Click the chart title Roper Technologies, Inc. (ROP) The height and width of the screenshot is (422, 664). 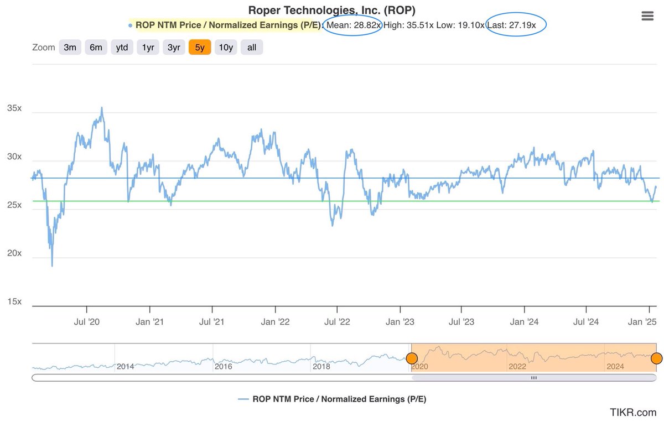tap(331, 10)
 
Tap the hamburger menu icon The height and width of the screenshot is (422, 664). tap(647, 15)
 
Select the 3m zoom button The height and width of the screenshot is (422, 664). tap(70, 48)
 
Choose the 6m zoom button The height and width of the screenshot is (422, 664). tap(96, 48)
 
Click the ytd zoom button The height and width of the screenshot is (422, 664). tap(122, 48)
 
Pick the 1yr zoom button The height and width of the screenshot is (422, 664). tap(148, 48)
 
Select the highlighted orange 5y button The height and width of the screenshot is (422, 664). tap(200, 48)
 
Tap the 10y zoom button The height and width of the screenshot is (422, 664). tap(226, 48)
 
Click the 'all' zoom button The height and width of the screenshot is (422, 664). tap(252, 48)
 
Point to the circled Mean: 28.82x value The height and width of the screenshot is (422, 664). tap(353, 25)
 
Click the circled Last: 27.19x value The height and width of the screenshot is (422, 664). tap(516, 25)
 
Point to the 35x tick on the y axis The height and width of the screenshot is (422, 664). tap(14, 108)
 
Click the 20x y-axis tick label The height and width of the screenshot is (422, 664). tap(14, 253)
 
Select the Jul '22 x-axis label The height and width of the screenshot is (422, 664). tap(337, 321)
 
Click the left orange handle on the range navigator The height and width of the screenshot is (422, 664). tap(412, 358)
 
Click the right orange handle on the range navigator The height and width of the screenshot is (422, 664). tap(656, 358)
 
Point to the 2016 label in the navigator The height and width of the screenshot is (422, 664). tap(223, 366)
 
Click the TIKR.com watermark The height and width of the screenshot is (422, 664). tap(633, 412)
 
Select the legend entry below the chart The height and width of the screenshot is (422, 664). tap(332, 399)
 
